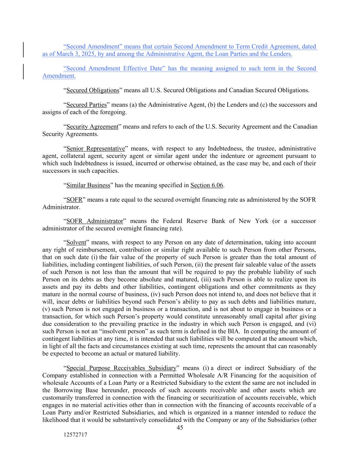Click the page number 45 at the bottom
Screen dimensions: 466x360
click(x=180, y=428)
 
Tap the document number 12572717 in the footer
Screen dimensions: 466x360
click(x=75, y=435)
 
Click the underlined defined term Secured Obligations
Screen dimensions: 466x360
click(x=92, y=90)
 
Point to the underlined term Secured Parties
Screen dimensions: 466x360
click(x=86, y=105)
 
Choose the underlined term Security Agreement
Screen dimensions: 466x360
click(x=92, y=127)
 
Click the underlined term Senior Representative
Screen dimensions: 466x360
click(x=96, y=149)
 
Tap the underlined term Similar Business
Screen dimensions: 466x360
click(x=88, y=185)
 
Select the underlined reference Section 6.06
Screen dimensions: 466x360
click(x=206, y=185)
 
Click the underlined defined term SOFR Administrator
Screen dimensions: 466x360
click(x=95, y=221)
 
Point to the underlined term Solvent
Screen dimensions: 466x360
click(x=76, y=242)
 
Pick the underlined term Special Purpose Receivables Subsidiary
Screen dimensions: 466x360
click(x=121, y=368)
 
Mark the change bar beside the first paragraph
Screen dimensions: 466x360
click(x=23, y=50)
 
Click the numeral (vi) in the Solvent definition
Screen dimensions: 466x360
click(x=311, y=324)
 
